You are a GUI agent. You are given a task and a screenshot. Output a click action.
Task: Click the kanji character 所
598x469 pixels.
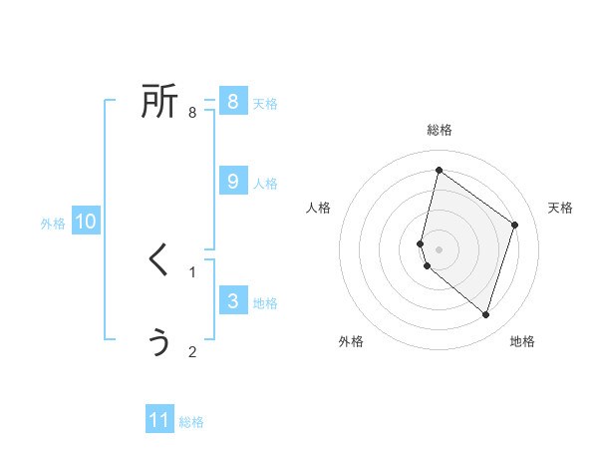click(x=159, y=101)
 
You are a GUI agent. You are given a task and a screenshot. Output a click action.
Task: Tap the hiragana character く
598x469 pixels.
click(x=159, y=259)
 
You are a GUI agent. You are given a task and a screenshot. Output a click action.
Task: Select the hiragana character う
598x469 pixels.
click(x=159, y=342)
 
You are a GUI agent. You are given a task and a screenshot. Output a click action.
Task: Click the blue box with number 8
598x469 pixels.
click(x=233, y=102)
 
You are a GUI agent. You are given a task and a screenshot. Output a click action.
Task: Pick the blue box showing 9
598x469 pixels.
click(x=233, y=182)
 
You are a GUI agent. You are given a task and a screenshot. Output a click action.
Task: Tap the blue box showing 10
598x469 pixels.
click(x=86, y=222)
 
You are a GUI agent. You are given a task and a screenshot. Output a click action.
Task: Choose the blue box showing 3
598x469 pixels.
click(x=233, y=301)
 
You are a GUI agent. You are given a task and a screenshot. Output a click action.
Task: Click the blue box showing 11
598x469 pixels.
click(x=159, y=420)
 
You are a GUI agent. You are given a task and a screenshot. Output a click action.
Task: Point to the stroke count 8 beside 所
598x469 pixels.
click(x=192, y=113)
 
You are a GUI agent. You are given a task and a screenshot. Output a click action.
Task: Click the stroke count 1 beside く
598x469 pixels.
click(x=192, y=271)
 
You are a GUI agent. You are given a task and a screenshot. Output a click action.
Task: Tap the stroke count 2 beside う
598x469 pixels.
click(x=192, y=351)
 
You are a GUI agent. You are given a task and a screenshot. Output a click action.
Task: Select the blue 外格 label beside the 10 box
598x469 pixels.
click(x=53, y=224)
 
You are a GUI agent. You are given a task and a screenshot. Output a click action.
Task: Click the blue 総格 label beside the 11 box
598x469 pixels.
click(x=191, y=422)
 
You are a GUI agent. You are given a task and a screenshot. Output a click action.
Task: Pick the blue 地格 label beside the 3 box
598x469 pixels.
click(x=265, y=303)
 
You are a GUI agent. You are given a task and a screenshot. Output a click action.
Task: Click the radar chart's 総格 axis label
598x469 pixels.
click(x=440, y=130)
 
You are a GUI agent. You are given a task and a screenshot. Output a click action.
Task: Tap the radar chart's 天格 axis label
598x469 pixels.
click(x=561, y=208)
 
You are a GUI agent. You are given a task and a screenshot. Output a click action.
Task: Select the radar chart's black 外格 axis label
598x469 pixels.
click(x=351, y=341)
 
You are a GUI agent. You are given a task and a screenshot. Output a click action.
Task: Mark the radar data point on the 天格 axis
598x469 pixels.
click(x=515, y=225)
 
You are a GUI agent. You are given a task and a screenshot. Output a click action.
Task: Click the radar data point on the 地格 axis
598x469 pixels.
click(x=486, y=314)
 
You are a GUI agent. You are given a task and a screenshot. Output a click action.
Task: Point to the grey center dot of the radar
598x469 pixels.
click(x=440, y=248)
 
